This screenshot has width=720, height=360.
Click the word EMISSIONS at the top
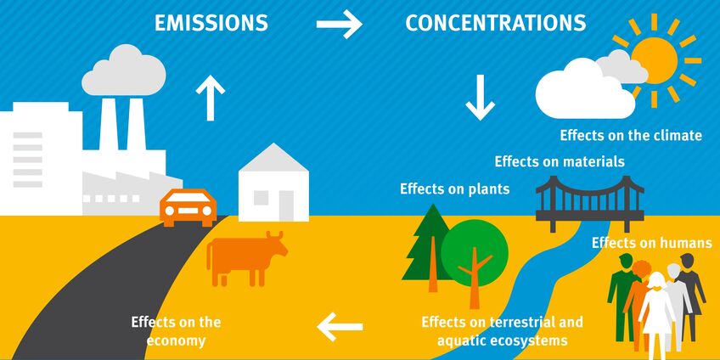coord(211,23)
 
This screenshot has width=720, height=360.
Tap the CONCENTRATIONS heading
coord(496,23)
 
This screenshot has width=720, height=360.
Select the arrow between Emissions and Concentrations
coord(340,25)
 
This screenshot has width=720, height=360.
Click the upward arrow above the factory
coord(211,97)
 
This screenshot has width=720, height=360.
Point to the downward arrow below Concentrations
coord(480,98)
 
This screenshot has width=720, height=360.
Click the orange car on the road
coord(188,206)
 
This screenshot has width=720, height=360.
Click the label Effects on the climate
coord(631,135)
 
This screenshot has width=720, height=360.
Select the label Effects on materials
coord(560,160)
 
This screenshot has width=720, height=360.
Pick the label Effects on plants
coord(455,188)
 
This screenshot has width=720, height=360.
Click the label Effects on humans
coord(651,243)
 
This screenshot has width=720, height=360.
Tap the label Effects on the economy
coord(176,331)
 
